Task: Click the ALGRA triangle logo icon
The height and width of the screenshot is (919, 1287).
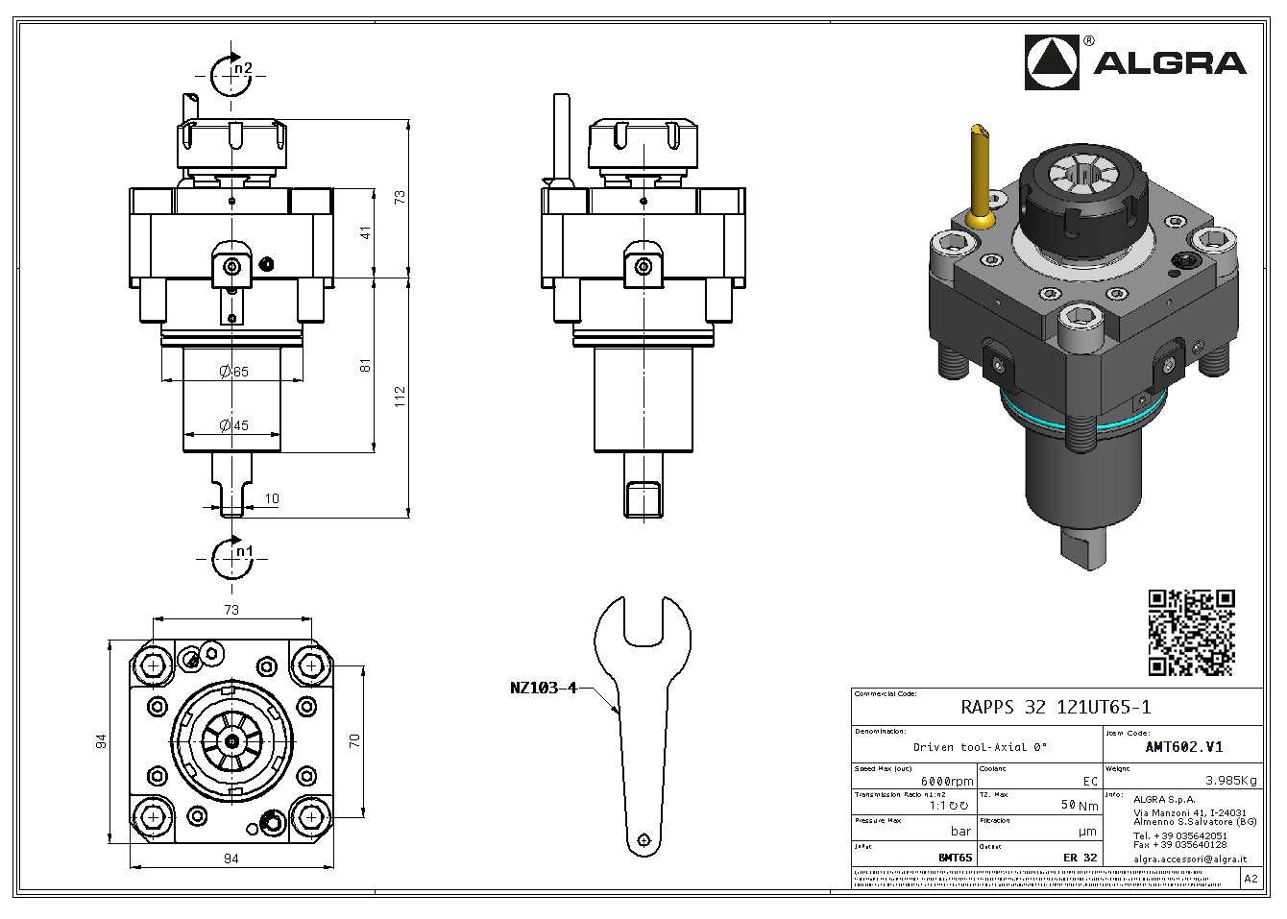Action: coord(1055,62)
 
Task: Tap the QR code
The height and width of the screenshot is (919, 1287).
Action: coord(1191,633)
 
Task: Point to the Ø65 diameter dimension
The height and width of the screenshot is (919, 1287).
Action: coord(233,372)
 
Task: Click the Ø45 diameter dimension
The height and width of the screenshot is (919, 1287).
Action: coord(233,425)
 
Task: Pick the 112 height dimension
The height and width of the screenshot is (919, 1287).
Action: coord(400,397)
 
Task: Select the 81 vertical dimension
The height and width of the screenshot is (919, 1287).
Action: coord(364,366)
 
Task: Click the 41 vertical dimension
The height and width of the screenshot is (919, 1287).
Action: coord(364,233)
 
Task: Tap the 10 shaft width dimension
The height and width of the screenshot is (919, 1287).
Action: coord(272,498)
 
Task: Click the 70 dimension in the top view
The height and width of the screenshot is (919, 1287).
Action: coord(353,740)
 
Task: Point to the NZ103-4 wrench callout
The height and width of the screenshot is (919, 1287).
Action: coord(543,688)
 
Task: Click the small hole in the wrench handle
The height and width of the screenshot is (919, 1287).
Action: coord(644,838)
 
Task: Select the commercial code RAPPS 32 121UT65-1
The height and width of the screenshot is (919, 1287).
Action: coord(1056,708)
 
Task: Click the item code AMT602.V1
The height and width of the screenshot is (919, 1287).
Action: coord(1184,746)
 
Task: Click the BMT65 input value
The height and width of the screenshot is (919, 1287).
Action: coord(954,858)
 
